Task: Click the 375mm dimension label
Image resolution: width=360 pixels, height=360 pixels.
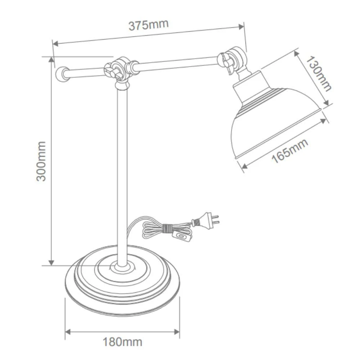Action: click(148, 25)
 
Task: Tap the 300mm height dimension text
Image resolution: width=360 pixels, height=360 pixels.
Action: click(42, 161)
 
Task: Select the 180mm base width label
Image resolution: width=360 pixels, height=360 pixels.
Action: click(122, 342)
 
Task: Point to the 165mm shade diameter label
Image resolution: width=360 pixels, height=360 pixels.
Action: click(290, 151)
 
